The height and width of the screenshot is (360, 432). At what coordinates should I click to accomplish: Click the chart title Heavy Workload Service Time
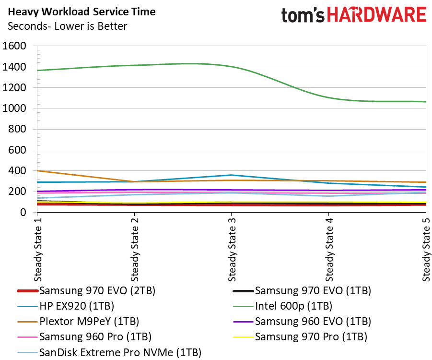(82, 12)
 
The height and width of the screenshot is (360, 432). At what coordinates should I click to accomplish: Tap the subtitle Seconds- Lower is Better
(67, 26)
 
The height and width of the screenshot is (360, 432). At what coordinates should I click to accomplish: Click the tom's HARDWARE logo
(354, 15)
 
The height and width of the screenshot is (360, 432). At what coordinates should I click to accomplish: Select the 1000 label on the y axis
(14, 108)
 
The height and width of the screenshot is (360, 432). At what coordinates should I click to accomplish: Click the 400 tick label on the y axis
(17, 170)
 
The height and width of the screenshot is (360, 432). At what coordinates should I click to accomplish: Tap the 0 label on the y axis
(23, 212)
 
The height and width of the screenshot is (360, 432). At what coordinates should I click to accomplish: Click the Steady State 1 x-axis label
(38, 250)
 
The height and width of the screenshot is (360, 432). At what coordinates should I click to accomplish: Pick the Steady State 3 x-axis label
(232, 250)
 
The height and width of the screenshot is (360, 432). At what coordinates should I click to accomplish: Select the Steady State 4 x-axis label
(329, 250)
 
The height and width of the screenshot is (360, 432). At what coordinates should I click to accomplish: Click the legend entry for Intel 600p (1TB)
(283, 306)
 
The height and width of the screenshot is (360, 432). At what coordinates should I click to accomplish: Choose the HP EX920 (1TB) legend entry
(66, 306)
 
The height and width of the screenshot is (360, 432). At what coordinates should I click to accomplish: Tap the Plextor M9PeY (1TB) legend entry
(78, 322)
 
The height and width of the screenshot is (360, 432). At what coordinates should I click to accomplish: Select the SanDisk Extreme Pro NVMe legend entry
(109, 352)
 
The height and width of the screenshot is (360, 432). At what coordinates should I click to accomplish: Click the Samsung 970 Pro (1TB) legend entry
(300, 337)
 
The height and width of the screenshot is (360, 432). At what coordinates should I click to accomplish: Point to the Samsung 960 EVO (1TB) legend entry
(302, 322)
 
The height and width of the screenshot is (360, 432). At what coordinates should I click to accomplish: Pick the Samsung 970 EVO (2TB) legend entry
(86, 290)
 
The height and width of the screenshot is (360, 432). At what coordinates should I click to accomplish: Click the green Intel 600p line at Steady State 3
(232, 67)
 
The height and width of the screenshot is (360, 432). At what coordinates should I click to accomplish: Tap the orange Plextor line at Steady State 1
(38, 171)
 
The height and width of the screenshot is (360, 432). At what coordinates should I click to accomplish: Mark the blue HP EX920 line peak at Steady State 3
(232, 175)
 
